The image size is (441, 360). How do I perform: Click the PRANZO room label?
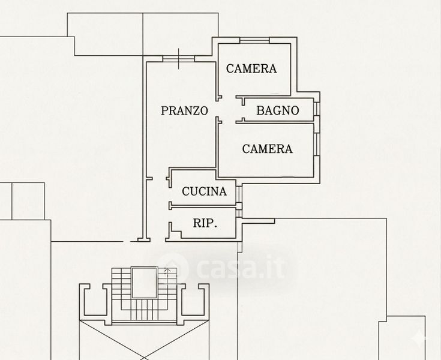pos(184,110)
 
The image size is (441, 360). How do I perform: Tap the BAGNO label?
pos(278,110)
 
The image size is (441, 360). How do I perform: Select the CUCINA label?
pos(204,191)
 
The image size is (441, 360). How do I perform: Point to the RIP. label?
pos(205,224)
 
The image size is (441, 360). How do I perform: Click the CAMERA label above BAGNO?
pos(251,68)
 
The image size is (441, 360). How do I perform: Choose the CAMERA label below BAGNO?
pos(267,149)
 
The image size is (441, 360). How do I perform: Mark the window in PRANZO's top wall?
pos(178,58)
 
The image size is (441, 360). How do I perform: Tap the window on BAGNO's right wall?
pos(317,110)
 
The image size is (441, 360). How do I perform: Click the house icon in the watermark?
pos(170,271)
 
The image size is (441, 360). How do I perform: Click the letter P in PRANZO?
pos(164,110)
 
